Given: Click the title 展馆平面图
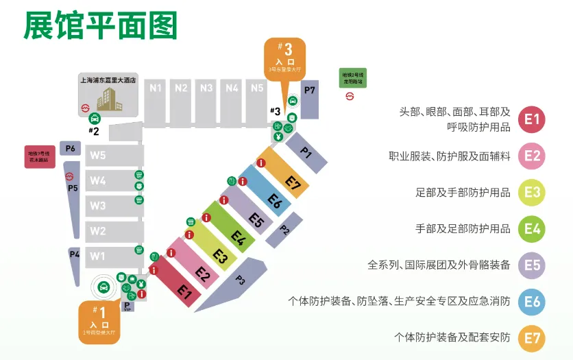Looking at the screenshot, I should click(100, 25).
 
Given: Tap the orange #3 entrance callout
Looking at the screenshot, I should click(284, 58).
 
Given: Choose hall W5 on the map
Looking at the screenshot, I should click(97, 156).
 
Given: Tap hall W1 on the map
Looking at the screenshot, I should click(97, 256).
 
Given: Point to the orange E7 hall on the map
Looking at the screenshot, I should click(289, 177).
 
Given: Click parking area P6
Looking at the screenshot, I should click(71, 148).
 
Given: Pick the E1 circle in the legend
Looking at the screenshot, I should click(533, 119).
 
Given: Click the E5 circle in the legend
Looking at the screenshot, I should click(533, 265).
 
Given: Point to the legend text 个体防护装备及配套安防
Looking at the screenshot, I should click(452, 337).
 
